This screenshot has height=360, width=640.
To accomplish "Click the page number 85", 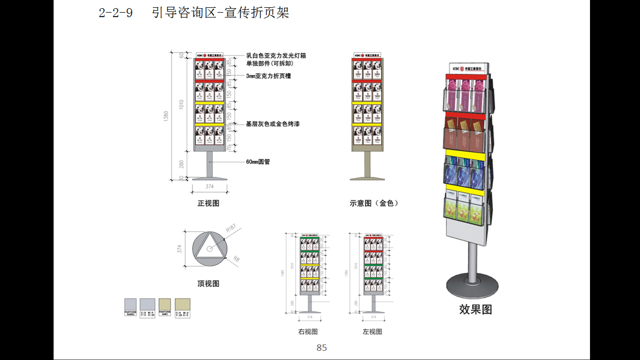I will click(322, 348).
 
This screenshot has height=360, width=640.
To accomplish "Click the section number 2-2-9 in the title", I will click(116, 13).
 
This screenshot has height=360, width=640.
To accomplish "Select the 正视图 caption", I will click(208, 203).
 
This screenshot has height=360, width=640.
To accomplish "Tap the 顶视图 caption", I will click(208, 284).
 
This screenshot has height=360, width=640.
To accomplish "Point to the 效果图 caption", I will click(475, 309).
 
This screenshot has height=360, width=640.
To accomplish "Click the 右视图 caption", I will click(308, 332).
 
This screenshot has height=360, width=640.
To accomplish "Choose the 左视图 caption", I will click(372, 332).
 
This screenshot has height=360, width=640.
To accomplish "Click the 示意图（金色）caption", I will click(374, 203).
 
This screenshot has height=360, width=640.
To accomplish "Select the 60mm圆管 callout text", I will click(258, 162).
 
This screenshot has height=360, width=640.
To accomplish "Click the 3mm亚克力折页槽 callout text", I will click(268, 76).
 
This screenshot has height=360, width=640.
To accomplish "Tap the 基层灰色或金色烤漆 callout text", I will click(272, 124).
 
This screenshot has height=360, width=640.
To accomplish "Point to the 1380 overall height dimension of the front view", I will click(166, 116).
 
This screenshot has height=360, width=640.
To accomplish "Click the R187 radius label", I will click(231, 228).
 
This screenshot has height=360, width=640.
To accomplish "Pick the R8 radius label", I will click(236, 259).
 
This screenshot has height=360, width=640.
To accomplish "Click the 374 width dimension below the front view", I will click(210, 186).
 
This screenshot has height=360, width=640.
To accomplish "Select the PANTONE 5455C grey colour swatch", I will click(130, 305).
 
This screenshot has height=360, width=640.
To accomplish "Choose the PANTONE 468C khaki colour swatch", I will click(165, 305).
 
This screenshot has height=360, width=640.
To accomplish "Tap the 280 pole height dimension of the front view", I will click(181, 164).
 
